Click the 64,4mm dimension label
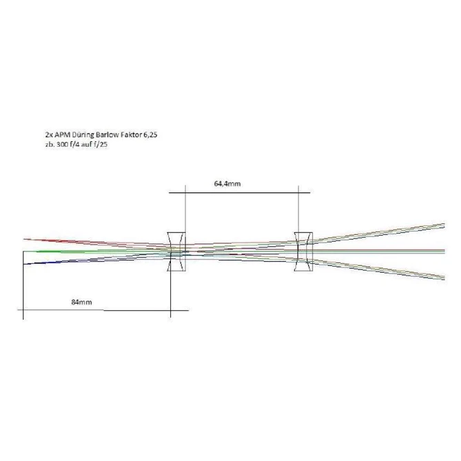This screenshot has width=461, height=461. tap(227, 184)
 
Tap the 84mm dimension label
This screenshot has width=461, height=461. tap(81, 302)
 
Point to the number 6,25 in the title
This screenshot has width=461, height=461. tap(150, 135)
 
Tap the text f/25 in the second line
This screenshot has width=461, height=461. tap(101, 144)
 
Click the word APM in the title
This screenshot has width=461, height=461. tap(63, 134)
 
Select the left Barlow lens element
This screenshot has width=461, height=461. tap(176, 252)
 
